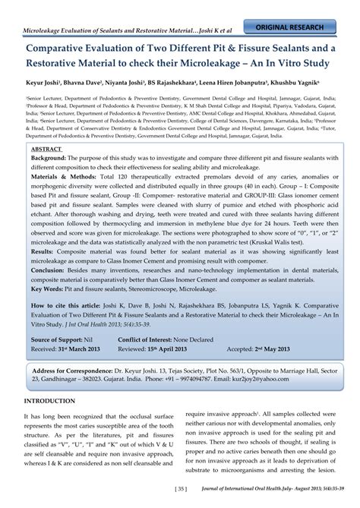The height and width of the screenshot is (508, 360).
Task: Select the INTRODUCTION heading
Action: [54, 399]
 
